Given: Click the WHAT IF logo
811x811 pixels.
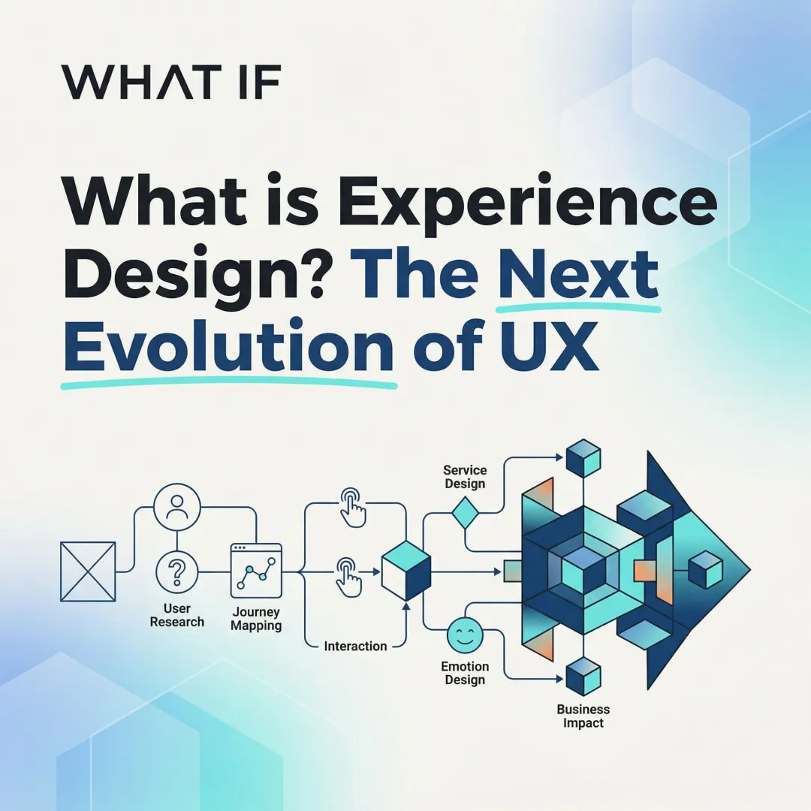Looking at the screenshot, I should [171, 83].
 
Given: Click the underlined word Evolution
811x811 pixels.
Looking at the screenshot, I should [228, 347].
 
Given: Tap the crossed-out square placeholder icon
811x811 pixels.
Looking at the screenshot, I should [88, 571].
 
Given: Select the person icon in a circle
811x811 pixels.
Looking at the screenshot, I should [177, 508].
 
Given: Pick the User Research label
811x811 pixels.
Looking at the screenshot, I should [177, 615].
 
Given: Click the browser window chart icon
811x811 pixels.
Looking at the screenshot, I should [256, 571].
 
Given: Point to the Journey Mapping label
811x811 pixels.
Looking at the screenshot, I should [256, 619].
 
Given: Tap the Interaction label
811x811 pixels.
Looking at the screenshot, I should [355, 646].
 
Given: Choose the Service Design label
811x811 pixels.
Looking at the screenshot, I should [465, 477].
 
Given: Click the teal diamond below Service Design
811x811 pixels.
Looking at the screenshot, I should [465, 515].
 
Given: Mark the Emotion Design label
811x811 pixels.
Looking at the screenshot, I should [465, 673].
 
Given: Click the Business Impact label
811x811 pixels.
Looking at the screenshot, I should [583, 716].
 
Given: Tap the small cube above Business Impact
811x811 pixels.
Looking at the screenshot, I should [583, 677].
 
